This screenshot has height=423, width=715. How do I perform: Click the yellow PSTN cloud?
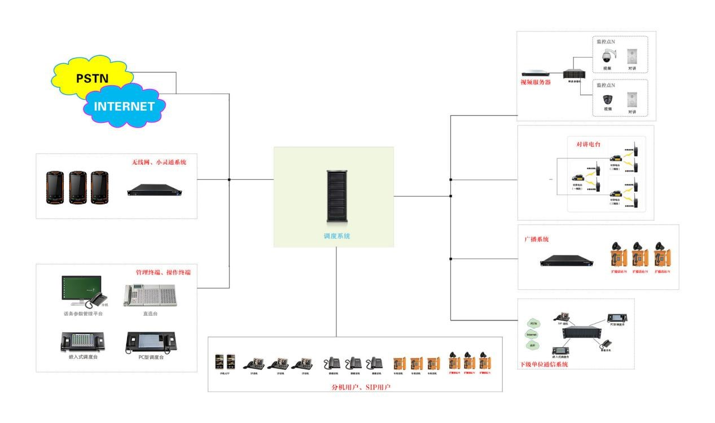point(93,78)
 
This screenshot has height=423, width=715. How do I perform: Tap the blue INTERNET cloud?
point(124,106)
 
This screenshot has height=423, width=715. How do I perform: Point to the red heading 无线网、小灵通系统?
point(159,162)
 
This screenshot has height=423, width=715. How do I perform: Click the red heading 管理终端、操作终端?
point(163,272)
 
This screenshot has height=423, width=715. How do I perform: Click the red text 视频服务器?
point(536,82)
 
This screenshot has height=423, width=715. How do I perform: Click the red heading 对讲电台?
point(588,144)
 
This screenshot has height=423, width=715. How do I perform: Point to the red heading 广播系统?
point(537,239)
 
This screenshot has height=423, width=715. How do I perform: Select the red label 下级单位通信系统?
point(543,365)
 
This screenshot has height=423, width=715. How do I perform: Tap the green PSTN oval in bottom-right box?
point(533,324)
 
